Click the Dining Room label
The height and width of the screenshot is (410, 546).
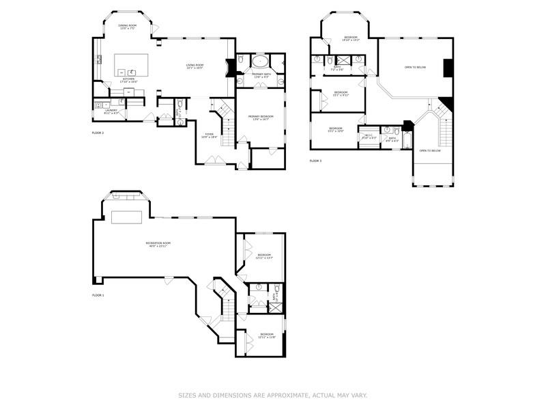(x=128, y=27)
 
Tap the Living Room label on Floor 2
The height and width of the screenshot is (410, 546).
(x=195, y=67)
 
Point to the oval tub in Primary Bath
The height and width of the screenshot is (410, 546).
(x=261, y=61)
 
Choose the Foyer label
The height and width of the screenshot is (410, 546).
(x=210, y=136)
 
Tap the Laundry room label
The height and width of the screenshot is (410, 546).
(x=111, y=111)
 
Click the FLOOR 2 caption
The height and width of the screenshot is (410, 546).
(x=98, y=132)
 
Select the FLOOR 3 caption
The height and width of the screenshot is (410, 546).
(x=315, y=161)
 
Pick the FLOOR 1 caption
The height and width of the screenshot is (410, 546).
(x=98, y=295)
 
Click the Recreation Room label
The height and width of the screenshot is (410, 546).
(x=157, y=244)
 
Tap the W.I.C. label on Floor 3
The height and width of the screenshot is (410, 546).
(x=369, y=137)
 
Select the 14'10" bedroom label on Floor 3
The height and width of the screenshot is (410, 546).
(x=351, y=38)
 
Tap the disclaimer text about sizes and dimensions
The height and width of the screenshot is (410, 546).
(x=273, y=395)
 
